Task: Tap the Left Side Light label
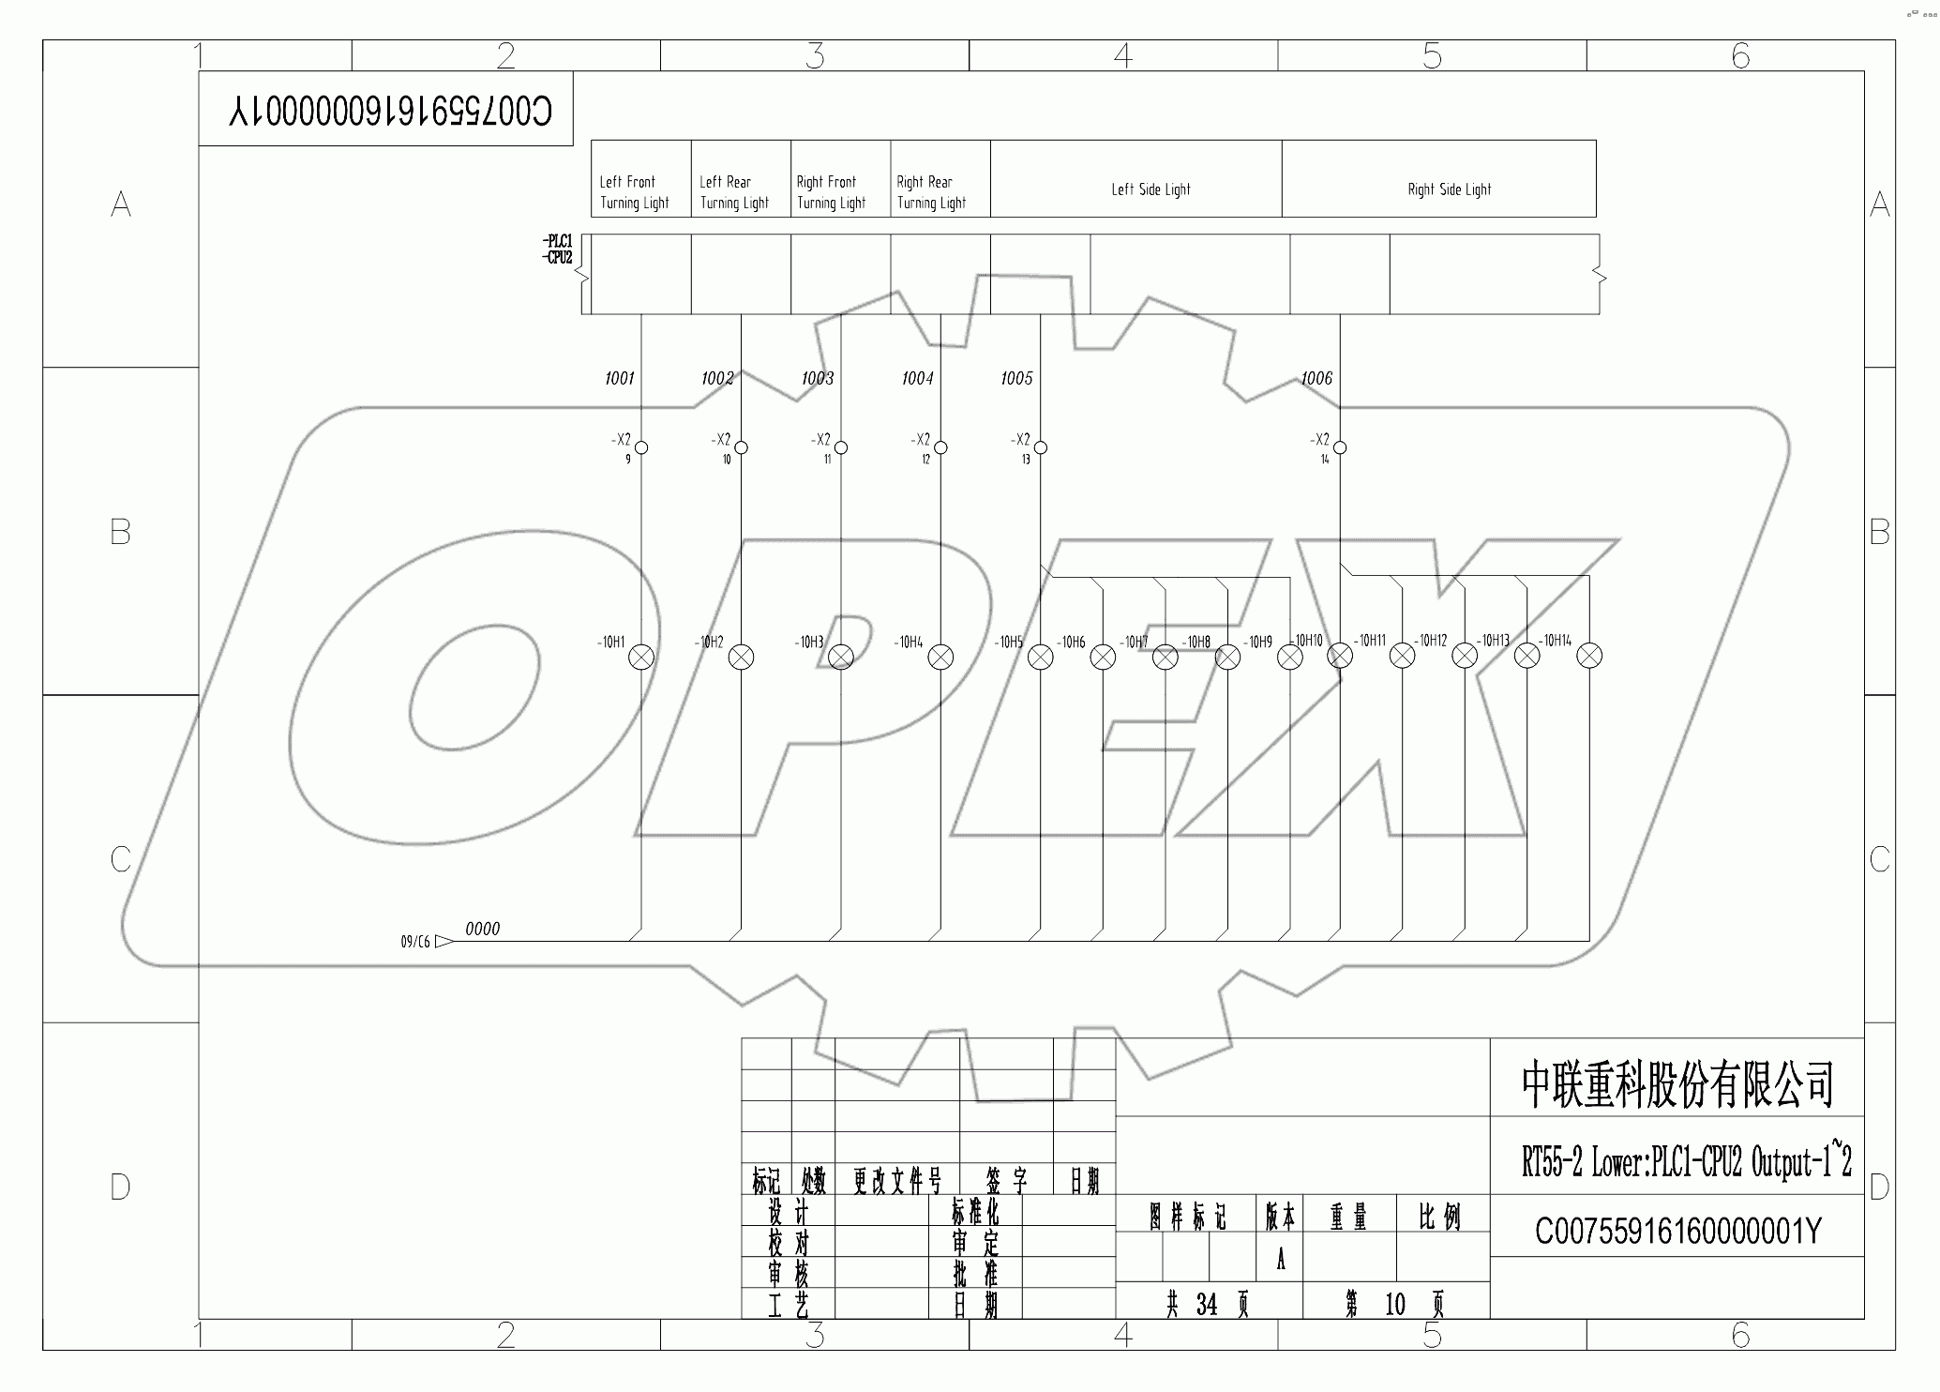[1150, 189]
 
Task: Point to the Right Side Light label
[1449, 189]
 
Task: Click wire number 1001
[619, 378]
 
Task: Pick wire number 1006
[1316, 378]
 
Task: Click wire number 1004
[917, 378]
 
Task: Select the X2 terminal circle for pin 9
[641, 447]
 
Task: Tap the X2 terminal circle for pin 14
[1340, 447]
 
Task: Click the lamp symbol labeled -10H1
[641, 658]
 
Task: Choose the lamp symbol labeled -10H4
[940, 658]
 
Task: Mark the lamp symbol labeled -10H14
[1589, 656]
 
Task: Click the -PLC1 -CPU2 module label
[557, 250]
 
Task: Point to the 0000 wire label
[482, 929]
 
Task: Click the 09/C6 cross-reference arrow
[444, 941]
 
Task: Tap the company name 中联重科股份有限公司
[1677, 1084]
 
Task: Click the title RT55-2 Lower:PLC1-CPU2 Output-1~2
[1686, 1163]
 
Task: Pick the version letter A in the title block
[1281, 1260]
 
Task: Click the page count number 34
[1206, 1304]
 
